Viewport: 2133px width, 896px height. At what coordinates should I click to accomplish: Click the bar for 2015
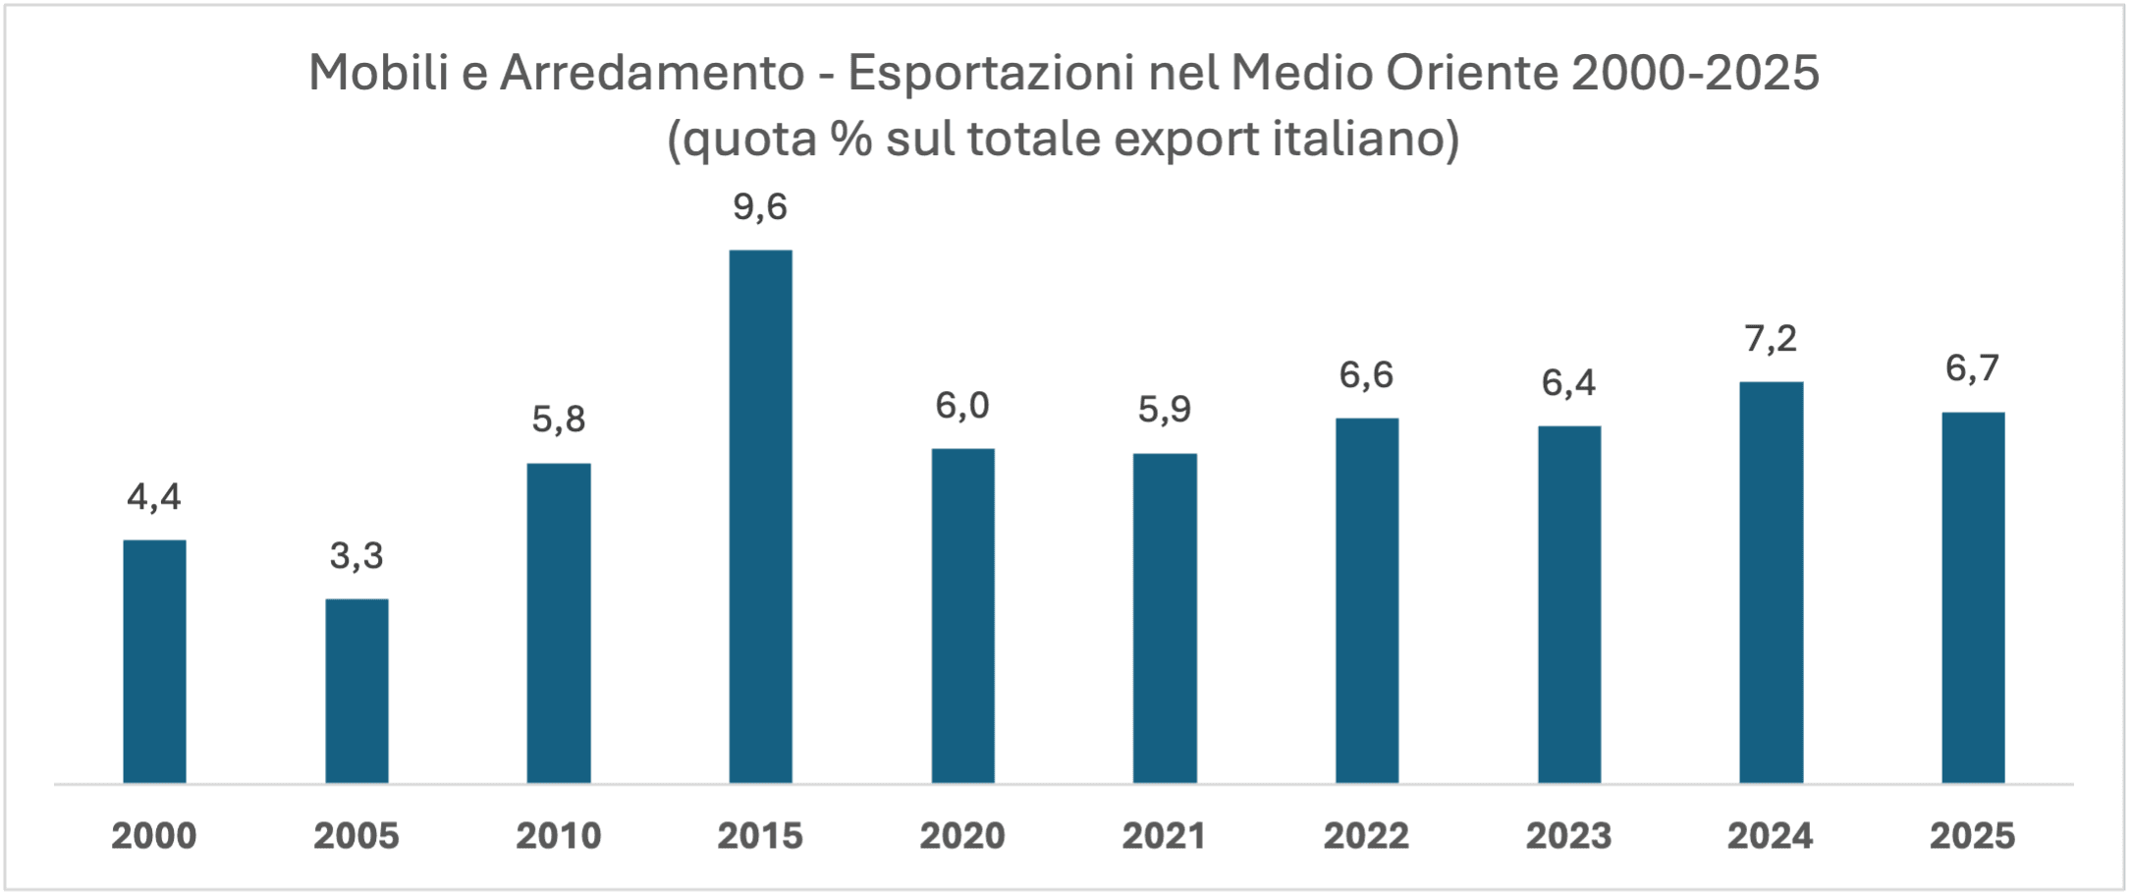[760, 516]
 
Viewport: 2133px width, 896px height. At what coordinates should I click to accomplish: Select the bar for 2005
[356, 691]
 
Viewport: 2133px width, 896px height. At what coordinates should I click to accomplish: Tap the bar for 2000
[154, 661]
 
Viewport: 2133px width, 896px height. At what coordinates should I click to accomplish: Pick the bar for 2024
[1771, 582]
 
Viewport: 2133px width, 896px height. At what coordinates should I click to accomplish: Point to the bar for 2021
[1165, 618]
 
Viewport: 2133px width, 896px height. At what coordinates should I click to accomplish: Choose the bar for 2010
[559, 623]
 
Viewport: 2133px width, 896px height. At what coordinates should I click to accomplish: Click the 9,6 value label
[760, 207]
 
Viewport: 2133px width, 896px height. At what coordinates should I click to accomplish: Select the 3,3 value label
[356, 556]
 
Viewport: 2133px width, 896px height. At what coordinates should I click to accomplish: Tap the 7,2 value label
[1771, 339]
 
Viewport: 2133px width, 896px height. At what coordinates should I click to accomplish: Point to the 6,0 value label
[962, 406]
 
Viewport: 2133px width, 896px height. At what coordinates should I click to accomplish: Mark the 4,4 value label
[154, 497]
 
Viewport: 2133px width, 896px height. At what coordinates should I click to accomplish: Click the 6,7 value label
[1972, 368]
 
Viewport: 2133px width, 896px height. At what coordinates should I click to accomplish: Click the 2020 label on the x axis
[962, 836]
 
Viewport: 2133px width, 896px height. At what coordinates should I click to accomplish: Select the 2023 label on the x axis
[1568, 836]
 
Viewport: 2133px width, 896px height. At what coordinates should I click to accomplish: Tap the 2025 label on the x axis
[1972, 836]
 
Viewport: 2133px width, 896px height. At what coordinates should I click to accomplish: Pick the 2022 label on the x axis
[1366, 836]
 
